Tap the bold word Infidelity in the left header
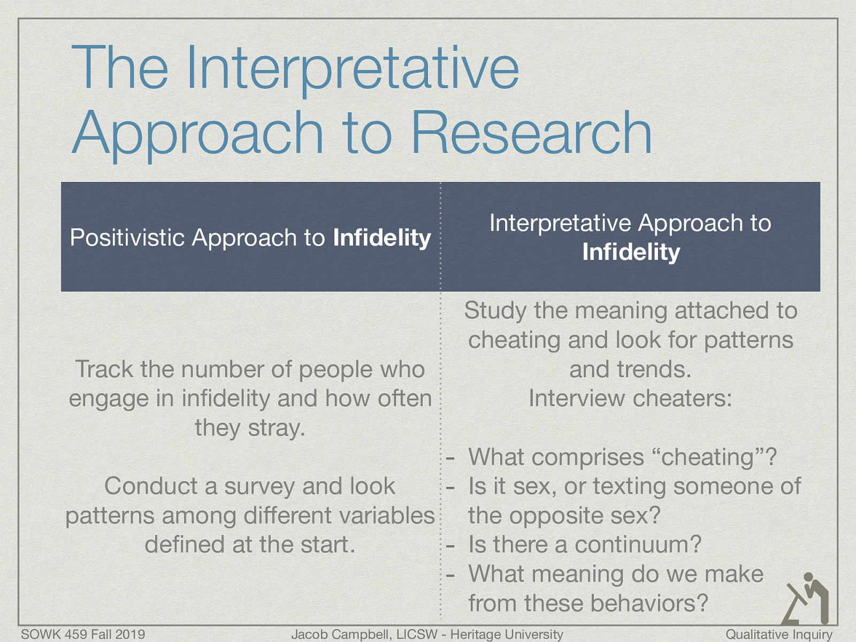381,238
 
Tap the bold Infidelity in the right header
631,252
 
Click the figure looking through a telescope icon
806,598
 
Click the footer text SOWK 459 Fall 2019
83,635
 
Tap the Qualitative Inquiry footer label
779,635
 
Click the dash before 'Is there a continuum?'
451,546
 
